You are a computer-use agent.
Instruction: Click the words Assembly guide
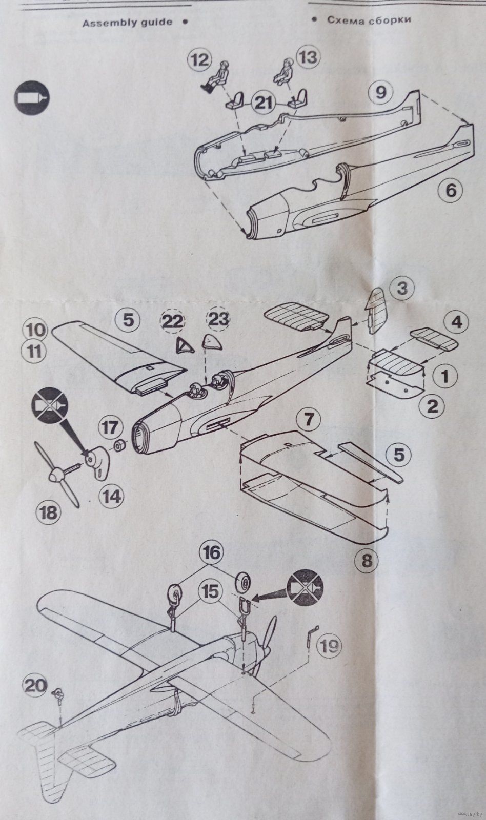tap(127, 23)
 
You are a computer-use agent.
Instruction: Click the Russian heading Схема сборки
tap(369, 19)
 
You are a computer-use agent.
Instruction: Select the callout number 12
tap(200, 60)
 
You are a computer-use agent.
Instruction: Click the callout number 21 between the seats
tap(264, 104)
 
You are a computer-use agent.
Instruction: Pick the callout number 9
tap(381, 92)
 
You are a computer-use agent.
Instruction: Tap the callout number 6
tap(451, 190)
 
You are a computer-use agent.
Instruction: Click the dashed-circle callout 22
tap(172, 322)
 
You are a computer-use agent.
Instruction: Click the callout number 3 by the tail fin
tap(402, 289)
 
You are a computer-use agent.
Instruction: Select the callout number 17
tap(110, 427)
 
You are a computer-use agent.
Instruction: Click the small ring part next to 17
tap(120, 446)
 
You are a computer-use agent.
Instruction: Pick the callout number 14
tap(111, 497)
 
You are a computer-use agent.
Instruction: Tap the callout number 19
tap(329, 647)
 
